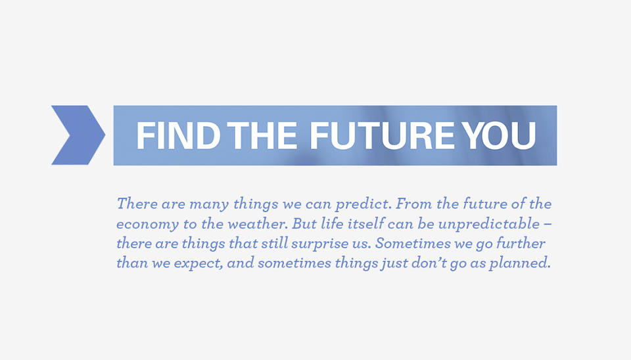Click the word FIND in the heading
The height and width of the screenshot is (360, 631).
click(x=179, y=135)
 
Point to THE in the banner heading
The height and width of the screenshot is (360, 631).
click(x=262, y=135)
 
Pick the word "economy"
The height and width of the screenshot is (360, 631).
click(x=147, y=225)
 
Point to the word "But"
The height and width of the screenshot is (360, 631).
click(x=304, y=223)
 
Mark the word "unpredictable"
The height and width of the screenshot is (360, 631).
click(x=489, y=223)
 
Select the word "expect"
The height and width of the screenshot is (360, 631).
click(x=199, y=264)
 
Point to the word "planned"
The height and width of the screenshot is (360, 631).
click(x=519, y=263)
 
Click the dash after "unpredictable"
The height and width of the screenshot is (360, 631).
click(x=548, y=225)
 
